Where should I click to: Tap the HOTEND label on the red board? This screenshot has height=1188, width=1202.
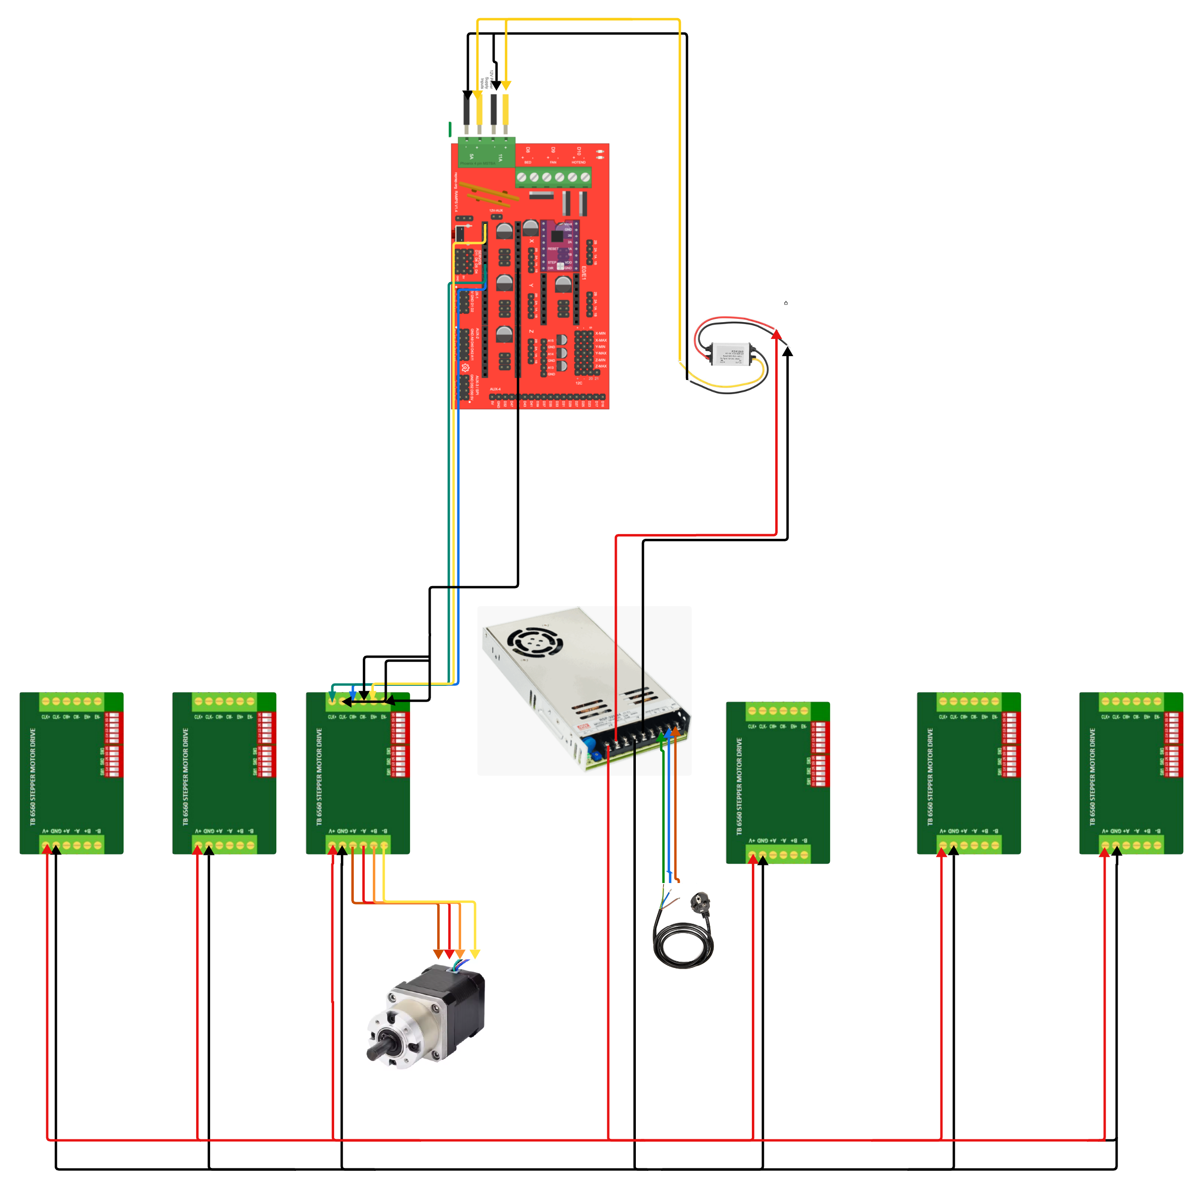tap(579, 162)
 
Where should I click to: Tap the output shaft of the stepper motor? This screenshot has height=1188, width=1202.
tap(377, 1051)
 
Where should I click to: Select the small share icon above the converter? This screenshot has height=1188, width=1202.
tap(786, 303)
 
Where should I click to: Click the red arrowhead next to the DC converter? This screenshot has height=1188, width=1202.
tap(777, 335)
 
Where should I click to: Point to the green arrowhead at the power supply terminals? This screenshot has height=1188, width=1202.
tap(661, 738)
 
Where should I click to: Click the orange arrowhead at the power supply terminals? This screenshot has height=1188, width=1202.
tap(675, 731)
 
